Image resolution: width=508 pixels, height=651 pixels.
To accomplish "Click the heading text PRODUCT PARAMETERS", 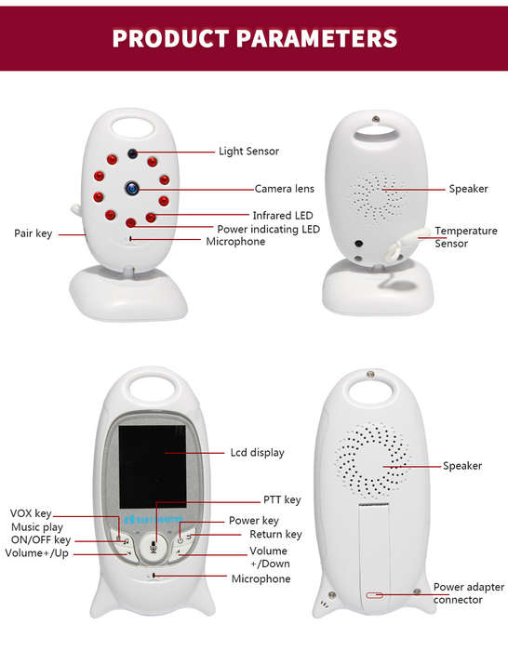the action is pyautogui.click(x=255, y=38).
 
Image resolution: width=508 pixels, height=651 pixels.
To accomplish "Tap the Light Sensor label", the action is pyautogui.click(x=248, y=151).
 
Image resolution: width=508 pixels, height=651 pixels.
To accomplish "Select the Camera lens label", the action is pyautogui.click(x=284, y=189).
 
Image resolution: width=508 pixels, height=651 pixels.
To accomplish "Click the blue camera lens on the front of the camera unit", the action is pyautogui.click(x=132, y=188).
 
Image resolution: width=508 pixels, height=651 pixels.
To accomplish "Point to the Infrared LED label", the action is pyautogui.click(x=283, y=216).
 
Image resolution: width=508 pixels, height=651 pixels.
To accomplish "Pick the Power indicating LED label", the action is pyautogui.click(x=268, y=229).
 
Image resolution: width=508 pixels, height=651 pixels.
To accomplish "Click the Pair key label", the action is pyautogui.click(x=33, y=233).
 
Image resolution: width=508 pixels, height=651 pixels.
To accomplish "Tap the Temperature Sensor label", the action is pyautogui.click(x=465, y=237).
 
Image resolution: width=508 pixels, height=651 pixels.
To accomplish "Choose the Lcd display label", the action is pyautogui.click(x=257, y=453).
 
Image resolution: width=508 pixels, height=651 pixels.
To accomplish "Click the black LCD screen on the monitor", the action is pyautogui.click(x=153, y=467).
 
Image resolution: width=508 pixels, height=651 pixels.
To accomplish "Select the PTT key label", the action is pyautogui.click(x=282, y=500).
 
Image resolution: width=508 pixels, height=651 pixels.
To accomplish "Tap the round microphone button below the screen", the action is pyautogui.click(x=154, y=548).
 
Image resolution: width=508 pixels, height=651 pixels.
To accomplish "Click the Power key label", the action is pyautogui.click(x=254, y=521).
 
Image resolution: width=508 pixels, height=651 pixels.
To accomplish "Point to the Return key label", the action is pyautogui.click(x=275, y=535).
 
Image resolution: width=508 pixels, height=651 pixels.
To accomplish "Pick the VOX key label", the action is pyautogui.click(x=31, y=513).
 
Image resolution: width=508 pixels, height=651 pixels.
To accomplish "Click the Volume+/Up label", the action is pyautogui.click(x=37, y=553).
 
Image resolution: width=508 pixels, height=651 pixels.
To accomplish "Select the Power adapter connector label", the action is pyautogui.click(x=469, y=593).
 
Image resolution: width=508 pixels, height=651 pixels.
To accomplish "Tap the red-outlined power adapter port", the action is pyautogui.click(x=374, y=595).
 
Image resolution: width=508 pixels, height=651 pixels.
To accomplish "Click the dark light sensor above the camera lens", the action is pyautogui.click(x=132, y=153).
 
